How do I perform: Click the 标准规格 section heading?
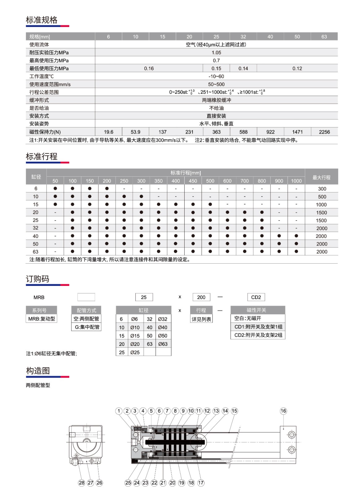pos(42,20)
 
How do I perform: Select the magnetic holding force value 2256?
pos(324,132)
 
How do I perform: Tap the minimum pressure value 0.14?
pos(243,68)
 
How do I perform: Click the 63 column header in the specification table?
pos(324,37)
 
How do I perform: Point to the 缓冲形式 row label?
pos(39,100)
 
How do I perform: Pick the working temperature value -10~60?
pos(216,76)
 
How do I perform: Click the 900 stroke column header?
pos(279,181)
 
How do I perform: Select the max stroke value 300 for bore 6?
pos(322,189)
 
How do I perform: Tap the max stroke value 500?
pos(322,197)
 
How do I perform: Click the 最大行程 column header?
pos(321,177)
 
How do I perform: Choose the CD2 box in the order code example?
pos(256,297)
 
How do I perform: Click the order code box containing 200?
pos(201,297)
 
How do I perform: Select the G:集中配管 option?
pos(87,327)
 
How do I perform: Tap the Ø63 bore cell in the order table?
pos(163,344)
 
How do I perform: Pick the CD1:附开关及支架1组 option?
pos(258,327)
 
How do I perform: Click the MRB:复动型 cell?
pos(41,319)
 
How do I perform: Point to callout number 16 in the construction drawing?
pos(283,411)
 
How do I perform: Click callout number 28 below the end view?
pos(82,483)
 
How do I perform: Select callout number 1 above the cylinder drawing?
pos(119,411)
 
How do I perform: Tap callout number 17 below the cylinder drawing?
pos(201,483)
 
